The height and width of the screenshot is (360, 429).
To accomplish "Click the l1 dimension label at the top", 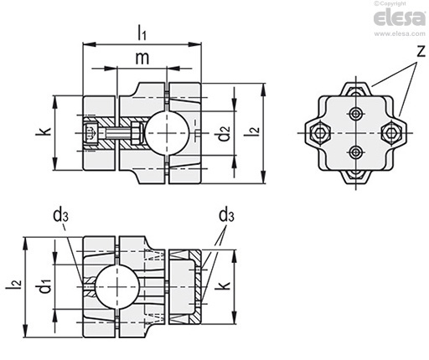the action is click(142, 33).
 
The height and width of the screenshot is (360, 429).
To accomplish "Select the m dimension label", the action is click(142, 58).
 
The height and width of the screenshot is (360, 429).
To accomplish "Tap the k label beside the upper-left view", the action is click(44, 131).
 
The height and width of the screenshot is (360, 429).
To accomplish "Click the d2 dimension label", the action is click(224, 133).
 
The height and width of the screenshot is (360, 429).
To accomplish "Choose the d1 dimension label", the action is click(45, 285).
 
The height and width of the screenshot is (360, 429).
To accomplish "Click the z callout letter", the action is click(421, 51).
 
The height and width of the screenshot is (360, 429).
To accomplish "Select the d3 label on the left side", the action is click(60, 215).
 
